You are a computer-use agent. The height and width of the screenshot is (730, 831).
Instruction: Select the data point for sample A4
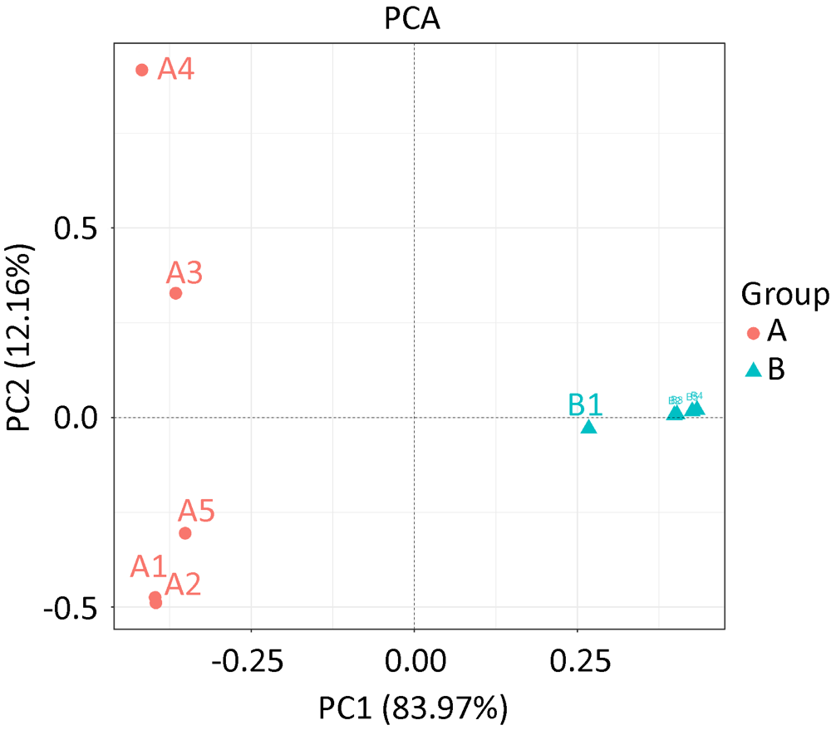(142, 71)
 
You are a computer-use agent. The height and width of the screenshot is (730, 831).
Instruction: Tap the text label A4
(176, 70)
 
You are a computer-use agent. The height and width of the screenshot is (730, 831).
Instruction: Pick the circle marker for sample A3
(175, 293)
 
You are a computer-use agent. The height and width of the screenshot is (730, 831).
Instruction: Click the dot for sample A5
(185, 533)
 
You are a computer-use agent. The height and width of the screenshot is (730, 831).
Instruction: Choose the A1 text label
(149, 567)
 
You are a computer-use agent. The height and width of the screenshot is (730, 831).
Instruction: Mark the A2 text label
(184, 585)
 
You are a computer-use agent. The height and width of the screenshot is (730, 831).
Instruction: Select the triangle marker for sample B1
(589, 427)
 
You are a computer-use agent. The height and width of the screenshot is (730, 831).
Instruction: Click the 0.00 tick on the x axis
(414, 662)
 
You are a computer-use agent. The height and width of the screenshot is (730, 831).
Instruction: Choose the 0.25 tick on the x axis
(577, 662)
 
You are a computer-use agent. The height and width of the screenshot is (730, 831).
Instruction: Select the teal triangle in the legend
(754, 370)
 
